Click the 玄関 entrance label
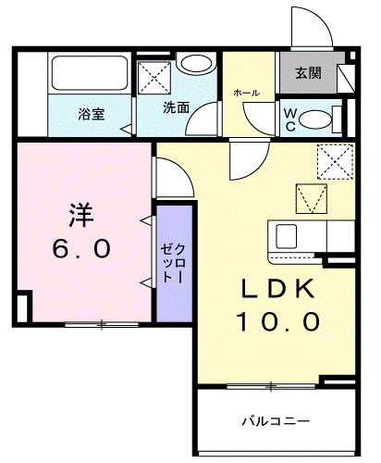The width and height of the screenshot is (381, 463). coord(308,73)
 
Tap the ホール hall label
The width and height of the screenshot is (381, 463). coord(246,93)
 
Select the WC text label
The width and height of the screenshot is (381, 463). coord(290,119)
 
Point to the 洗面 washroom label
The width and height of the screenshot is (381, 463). coord(176,107)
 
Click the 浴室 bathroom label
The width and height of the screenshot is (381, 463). coord(92,114)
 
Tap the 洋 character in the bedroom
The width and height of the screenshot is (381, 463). coord(81,215)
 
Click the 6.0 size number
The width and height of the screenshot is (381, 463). coord(81,249)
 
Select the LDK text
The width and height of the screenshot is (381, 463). coord(277,289)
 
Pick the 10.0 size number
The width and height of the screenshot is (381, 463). coord(277,321)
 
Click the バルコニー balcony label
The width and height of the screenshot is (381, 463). coord(276,421)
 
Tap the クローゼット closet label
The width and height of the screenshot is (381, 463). coord(174,264)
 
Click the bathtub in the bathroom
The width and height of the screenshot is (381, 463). coord(90,73)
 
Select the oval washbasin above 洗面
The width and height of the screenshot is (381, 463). coord(196,64)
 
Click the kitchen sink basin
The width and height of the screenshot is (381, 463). coord(287,236)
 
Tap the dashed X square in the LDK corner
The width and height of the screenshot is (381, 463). coord(335,162)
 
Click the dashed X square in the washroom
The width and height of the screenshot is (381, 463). coord(154,78)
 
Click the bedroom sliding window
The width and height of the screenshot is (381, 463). coord(102,324)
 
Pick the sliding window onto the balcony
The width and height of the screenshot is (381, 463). coord(271,386)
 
